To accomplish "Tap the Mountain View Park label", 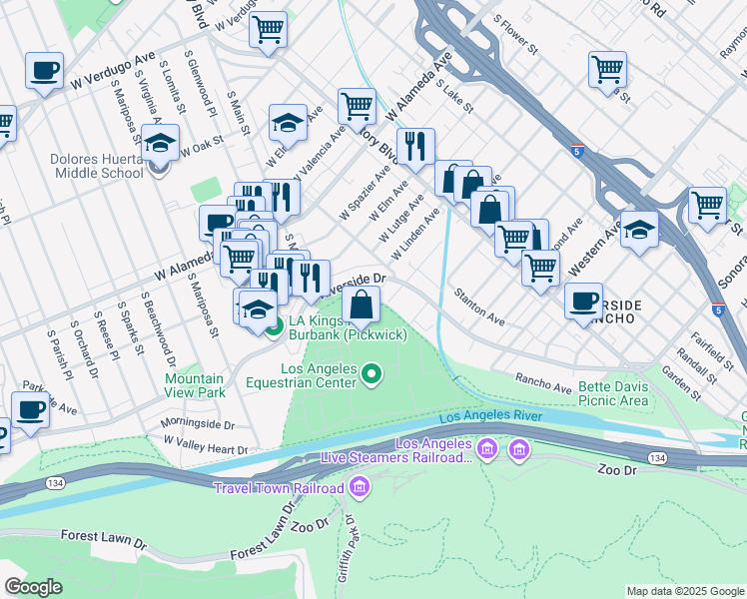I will click(x=194, y=385).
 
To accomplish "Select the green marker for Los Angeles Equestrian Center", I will click(x=372, y=375).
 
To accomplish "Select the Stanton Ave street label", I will click(x=479, y=305).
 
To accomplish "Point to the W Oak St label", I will click(x=203, y=148).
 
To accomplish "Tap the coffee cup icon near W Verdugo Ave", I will click(x=44, y=71).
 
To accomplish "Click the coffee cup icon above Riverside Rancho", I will click(x=583, y=299).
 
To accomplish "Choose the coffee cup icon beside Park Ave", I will click(x=30, y=408).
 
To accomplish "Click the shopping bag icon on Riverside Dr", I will click(x=365, y=303).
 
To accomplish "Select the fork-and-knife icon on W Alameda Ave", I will click(x=415, y=147).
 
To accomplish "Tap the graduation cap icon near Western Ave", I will click(x=639, y=230).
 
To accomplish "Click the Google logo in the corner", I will click(x=34, y=587).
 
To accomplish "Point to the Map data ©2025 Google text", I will click(x=684, y=591).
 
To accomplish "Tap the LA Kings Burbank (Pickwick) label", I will click(x=348, y=328).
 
